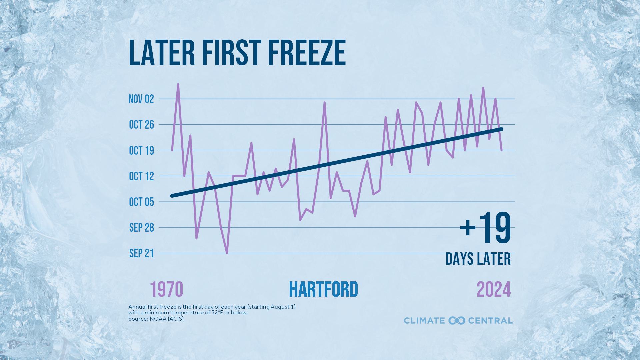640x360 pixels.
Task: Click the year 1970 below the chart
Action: point(167,289)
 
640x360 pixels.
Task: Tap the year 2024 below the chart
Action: point(494,289)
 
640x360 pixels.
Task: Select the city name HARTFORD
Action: point(323,289)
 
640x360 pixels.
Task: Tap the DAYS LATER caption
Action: point(478,259)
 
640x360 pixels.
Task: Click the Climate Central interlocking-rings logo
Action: point(457,321)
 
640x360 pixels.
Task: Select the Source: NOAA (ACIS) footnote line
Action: point(156,319)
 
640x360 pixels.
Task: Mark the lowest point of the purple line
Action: point(227,253)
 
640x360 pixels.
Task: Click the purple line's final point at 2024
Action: point(501,150)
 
